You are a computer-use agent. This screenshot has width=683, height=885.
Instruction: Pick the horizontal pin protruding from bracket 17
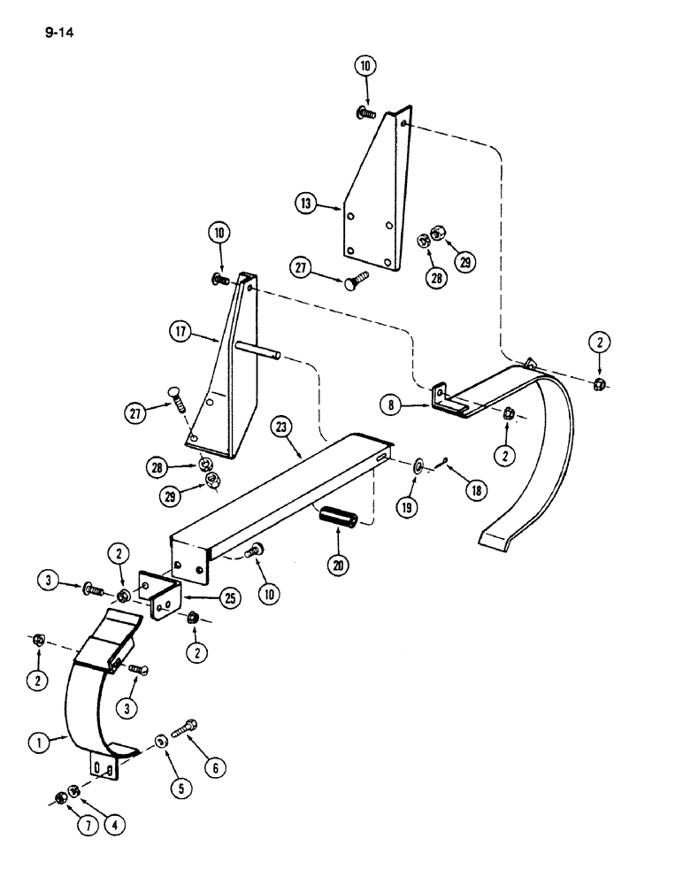[260, 351]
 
